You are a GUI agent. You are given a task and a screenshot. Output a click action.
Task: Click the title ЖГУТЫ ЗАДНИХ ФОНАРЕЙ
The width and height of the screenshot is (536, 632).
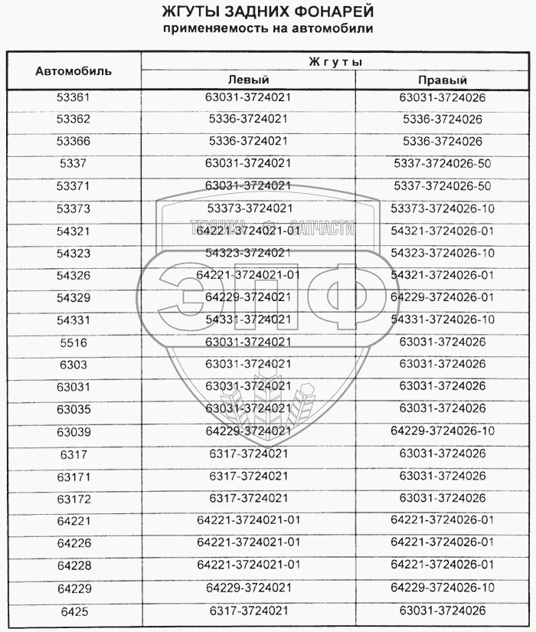[268, 13]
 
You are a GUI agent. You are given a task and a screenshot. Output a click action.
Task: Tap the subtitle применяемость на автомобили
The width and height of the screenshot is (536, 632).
[268, 29]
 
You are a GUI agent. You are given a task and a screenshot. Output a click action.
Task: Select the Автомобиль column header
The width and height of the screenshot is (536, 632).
[74, 70]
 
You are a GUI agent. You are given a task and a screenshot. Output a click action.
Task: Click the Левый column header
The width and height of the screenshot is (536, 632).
[249, 80]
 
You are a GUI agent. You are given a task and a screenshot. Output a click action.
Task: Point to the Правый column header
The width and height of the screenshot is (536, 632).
[443, 80]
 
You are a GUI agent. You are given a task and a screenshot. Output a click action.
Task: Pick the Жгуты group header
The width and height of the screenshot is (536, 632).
[335, 61]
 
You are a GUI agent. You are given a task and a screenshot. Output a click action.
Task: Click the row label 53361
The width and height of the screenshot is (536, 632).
[74, 98]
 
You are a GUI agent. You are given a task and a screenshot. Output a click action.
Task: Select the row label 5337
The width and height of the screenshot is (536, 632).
[74, 164]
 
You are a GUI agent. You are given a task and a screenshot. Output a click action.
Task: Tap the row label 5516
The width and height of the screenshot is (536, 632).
[74, 342]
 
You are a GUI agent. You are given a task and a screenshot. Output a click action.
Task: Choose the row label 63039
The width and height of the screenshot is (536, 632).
[74, 431]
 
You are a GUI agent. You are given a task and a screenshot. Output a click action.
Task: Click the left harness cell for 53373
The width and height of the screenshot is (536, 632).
[249, 208]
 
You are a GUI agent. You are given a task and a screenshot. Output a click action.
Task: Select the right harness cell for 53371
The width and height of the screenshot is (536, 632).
[443, 186]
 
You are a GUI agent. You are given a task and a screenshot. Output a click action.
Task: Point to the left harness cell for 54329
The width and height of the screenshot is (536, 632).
[249, 297]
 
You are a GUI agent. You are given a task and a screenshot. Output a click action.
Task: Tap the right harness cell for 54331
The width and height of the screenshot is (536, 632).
[443, 319]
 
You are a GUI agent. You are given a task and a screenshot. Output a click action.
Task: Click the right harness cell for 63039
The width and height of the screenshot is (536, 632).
[443, 431]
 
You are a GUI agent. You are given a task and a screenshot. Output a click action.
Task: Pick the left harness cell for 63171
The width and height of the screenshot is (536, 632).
[249, 476]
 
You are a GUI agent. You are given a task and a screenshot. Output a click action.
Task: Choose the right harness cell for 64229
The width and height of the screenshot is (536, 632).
[443, 588]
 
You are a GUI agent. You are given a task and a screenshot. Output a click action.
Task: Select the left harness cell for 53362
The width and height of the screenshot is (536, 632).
[249, 120]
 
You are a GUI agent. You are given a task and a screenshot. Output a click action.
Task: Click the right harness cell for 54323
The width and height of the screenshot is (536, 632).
[443, 253]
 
